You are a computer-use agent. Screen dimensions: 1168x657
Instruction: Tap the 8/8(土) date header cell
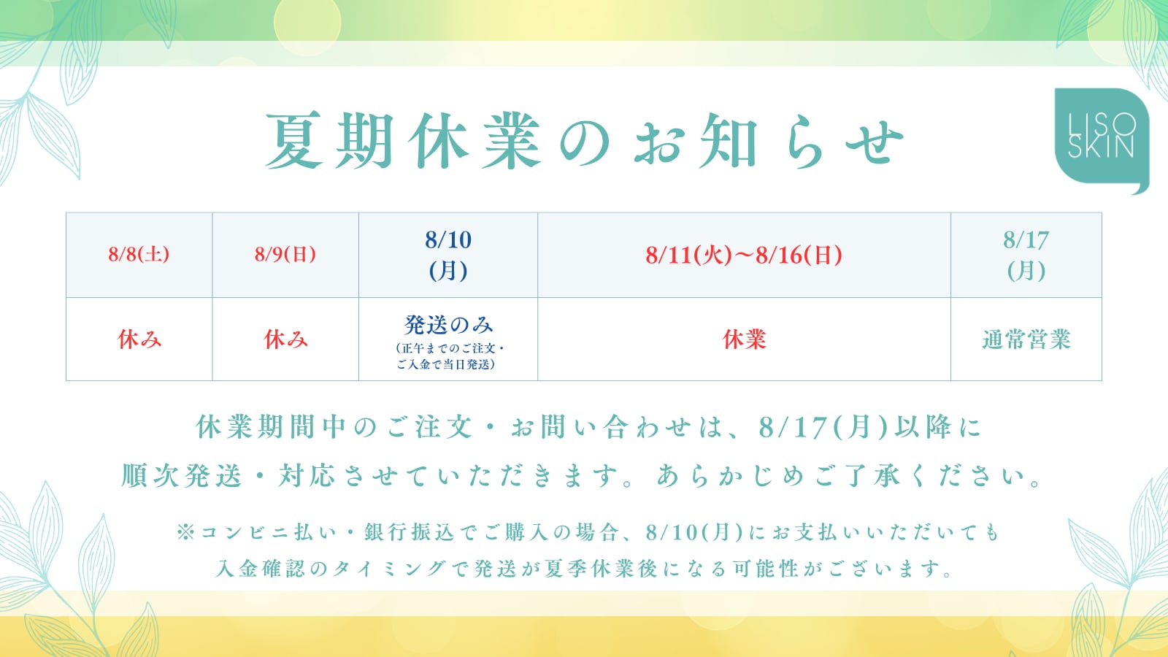pos(139,255)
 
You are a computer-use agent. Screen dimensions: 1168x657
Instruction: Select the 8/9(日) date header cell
pos(285,255)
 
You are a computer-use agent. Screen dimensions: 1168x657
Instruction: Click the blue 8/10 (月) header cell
pos(448,255)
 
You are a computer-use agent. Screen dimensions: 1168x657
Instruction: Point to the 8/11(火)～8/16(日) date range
pos(744,255)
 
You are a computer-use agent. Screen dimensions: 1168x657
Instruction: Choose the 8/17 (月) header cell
pos(1026,255)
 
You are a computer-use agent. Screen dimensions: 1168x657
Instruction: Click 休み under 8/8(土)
pos(139,339)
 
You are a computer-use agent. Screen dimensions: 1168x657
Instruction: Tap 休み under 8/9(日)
pos(285,339)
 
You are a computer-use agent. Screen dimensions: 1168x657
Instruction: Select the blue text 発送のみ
pos(448,325)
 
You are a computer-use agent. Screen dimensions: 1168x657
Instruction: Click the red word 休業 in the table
pos(744,339)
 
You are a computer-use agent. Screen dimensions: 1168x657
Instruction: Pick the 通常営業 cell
pos(1026,339)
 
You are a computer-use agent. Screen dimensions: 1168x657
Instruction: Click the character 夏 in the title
pos(294,141)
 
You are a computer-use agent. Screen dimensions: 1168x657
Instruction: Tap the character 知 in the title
pos(729,141)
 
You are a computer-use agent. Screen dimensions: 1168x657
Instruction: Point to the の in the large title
pos(584,142)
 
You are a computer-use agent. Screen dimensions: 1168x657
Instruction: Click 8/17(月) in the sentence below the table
pos(823,427)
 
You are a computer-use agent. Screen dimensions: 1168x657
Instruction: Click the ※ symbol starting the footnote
pos(185,532)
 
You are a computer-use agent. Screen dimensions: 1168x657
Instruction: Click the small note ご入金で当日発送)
pos(446,364)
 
